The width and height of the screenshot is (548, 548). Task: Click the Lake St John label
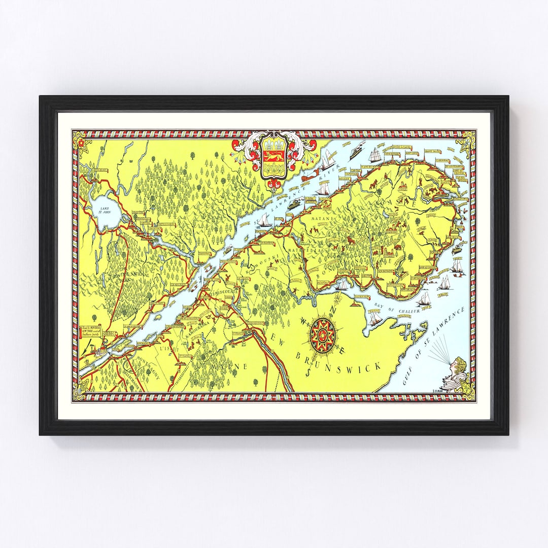[x=105, y=211]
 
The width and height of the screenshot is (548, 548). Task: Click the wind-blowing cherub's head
[x=459, y=364]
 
